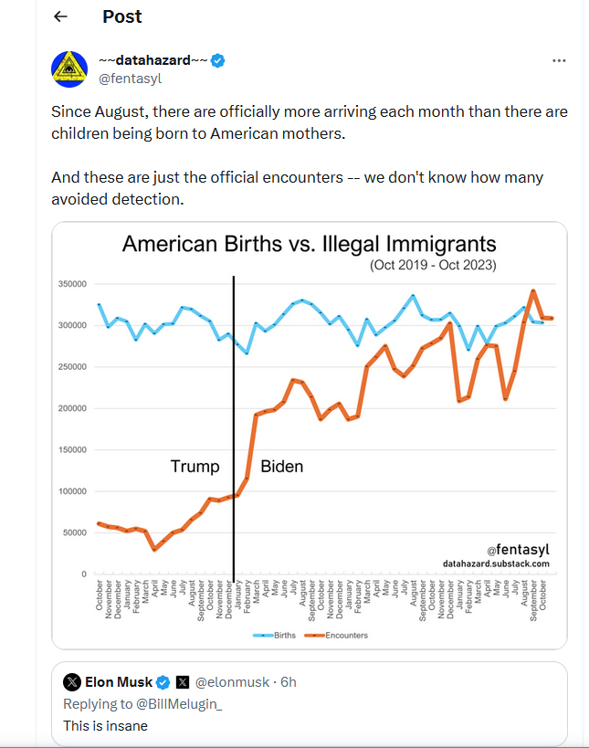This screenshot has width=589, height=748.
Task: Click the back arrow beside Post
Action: (60, 16)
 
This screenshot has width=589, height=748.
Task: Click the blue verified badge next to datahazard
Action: (219, 61)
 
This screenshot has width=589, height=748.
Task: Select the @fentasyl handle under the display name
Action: (131, 79)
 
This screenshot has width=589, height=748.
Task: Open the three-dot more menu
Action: (559, 61)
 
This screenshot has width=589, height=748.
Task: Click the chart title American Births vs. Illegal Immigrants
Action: (310, 244)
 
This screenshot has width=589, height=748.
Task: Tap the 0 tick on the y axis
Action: (84, 574)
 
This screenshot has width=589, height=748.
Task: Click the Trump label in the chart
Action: (195, 467)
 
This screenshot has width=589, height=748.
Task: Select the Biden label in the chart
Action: (281, 467)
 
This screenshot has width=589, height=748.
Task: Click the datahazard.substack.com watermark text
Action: (496, 564)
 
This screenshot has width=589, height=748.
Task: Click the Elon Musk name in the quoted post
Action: (119, 682)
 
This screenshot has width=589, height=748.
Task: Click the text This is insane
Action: (106, 726)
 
